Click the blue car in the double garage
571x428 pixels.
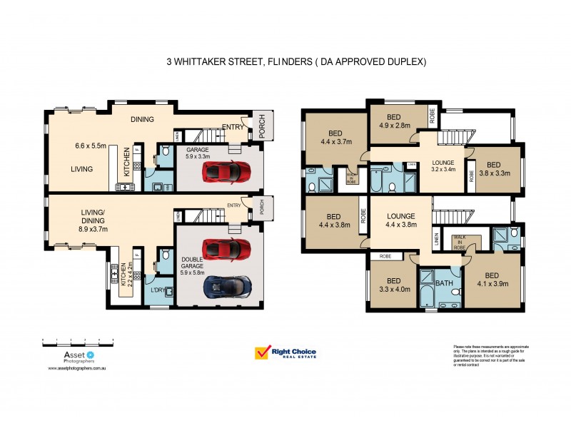(226, 286)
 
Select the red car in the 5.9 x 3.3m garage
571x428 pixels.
(226, 171)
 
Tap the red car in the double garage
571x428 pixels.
(226, 249)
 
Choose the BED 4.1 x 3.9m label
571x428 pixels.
(492, 280)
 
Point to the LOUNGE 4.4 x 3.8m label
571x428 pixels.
(401, 220)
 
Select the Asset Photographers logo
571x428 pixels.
(69, 357)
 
